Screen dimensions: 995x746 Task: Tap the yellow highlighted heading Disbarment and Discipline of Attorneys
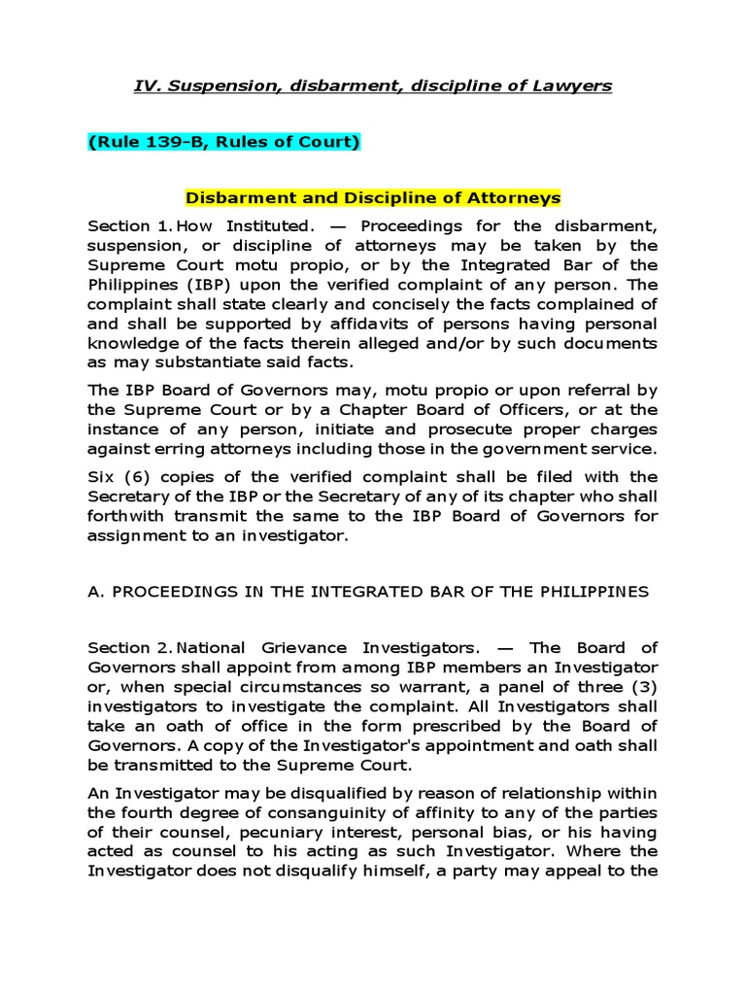point(373,197)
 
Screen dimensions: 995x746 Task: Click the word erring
point(168,448)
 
